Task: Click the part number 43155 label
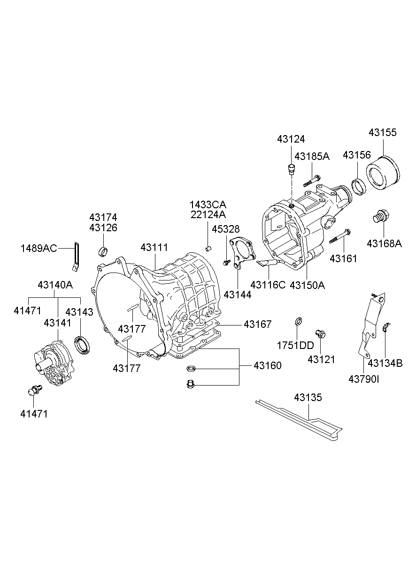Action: coord(382,133)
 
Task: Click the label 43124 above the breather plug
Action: coord(291,139)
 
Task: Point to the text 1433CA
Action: coord(208,204)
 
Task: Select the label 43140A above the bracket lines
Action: coord(55,285)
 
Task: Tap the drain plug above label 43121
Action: coord(321,334)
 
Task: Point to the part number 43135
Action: coord(308,397)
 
